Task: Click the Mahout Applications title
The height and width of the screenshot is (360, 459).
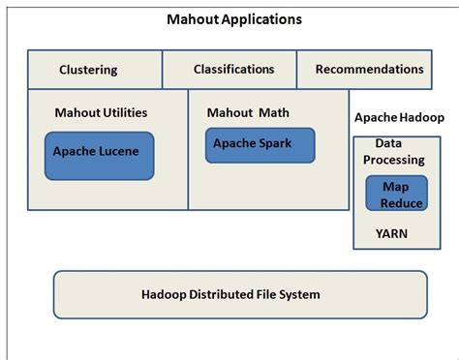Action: pos(234,19)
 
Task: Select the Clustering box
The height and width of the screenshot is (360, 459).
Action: pos(88,70)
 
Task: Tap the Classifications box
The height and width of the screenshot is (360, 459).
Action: pos(233,70)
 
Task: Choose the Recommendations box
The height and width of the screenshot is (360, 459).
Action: pos(369,70)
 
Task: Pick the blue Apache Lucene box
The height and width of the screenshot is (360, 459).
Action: pos(98,154)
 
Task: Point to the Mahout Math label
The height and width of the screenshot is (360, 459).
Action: pos(248,112)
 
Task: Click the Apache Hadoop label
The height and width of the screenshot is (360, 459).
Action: pos(399,117)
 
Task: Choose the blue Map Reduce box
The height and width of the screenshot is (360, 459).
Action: pos(396,194)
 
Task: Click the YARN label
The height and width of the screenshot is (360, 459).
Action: pos(393,233)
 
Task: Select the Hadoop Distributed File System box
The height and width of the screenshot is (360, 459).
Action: pos(238,294)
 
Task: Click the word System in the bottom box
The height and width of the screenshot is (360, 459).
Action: pos(298,294)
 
